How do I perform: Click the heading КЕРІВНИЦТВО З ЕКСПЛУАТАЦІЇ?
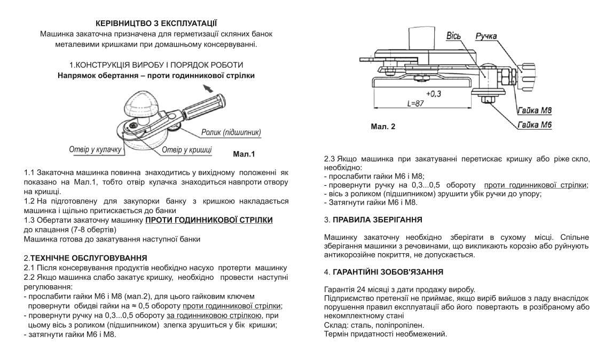point(156,24)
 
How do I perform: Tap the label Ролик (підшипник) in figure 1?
point(231,132)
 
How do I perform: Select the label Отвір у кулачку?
point(96,150)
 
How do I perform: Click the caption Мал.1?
point(244,154)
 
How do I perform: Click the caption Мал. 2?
point(383,127)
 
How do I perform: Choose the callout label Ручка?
point(486,36)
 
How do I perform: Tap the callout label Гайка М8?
point(534,111)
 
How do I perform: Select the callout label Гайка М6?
point(534,125)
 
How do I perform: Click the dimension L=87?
point(415,104)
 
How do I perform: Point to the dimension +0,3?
point(434,93)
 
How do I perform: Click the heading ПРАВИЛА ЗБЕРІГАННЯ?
point(377,220)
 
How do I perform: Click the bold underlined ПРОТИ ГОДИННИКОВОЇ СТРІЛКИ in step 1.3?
point(209,220)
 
